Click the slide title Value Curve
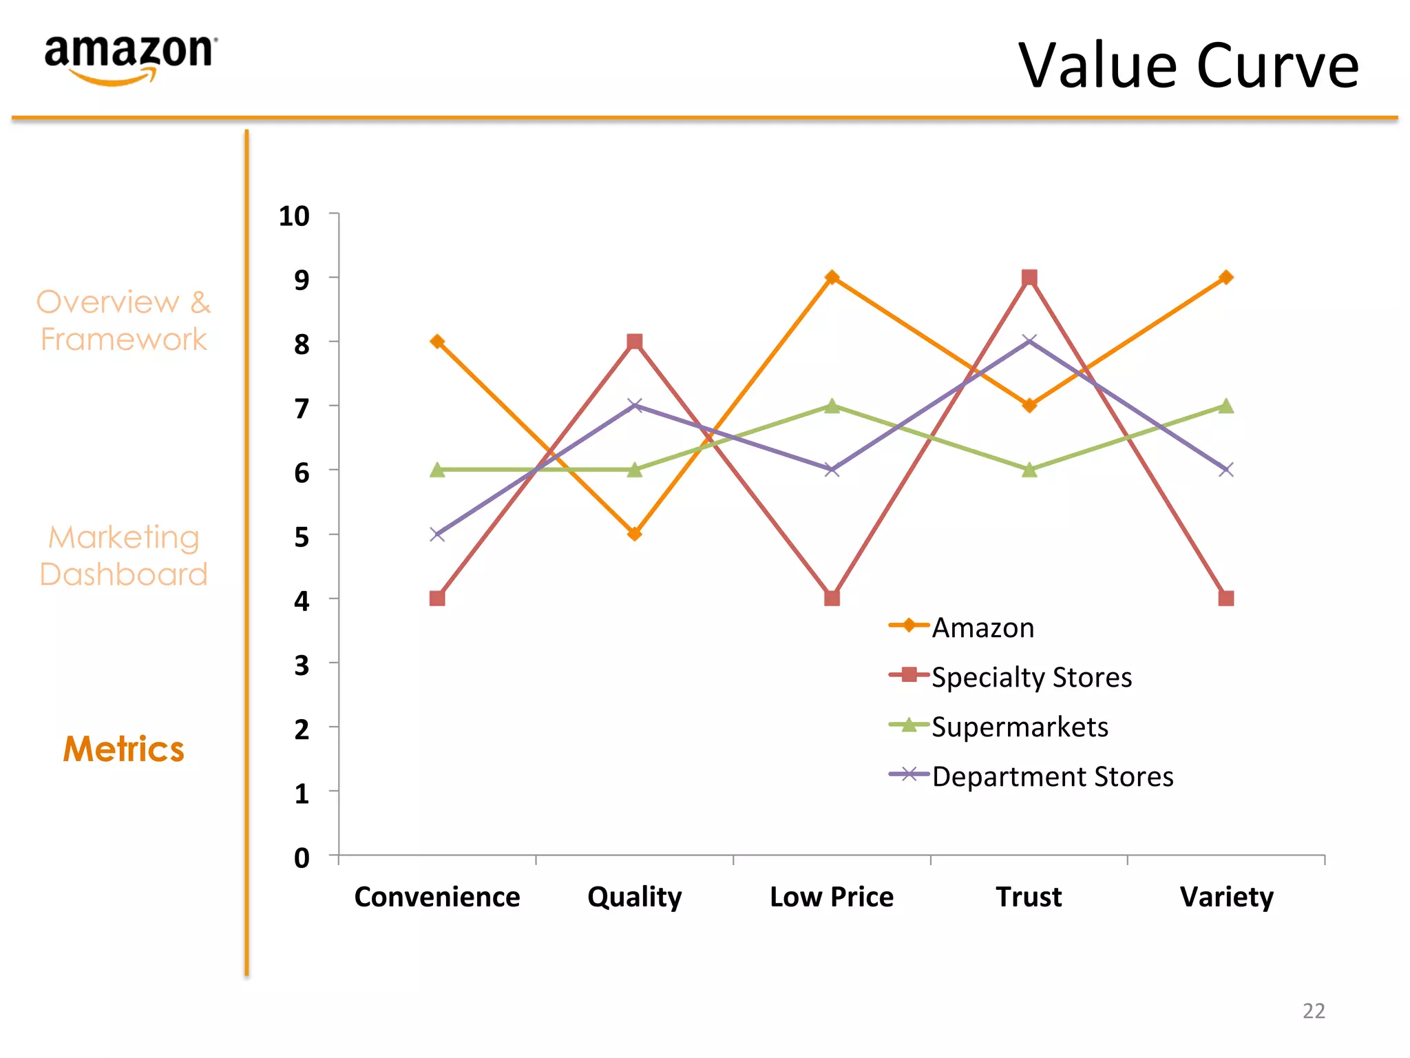1188,66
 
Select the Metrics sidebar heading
124,749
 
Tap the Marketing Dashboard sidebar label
124,555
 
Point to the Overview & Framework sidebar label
124,320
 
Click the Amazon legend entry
982,627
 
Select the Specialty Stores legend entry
1031,677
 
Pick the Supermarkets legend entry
1019,727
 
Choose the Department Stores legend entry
1051,776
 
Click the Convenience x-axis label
437,897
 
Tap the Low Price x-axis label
832,897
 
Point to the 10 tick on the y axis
295,216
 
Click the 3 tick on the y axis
302,665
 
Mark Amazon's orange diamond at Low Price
832,277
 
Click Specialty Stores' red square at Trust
1029,278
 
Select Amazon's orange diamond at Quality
635,534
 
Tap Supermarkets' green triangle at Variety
1225,406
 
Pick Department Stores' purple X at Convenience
437,535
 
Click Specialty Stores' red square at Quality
635,342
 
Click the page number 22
1314,1010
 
